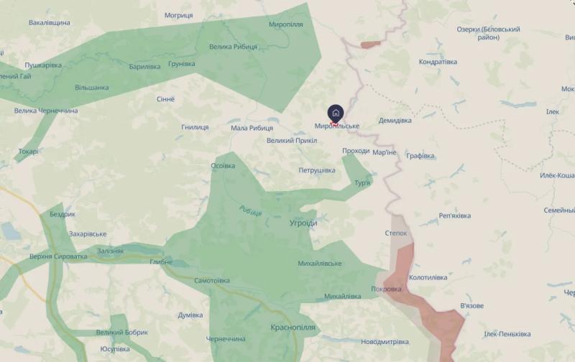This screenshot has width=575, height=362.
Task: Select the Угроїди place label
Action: (x=303, y=223)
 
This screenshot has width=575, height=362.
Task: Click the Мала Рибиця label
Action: (x=252, y=128)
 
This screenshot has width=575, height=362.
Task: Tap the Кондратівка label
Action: (x=438, y=62)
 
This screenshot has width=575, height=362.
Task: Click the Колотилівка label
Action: (x=428, y=277)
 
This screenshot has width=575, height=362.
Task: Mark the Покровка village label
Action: (x=387, y=289)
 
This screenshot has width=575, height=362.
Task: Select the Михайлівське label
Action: (x=321, y=264)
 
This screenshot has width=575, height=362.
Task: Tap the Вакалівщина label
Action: (x=50, y=23)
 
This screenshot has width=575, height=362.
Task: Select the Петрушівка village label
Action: (x=317, y=170)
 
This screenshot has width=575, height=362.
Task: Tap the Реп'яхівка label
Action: (x=454, y=215)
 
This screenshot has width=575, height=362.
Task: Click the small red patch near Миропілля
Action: (x=369, y=45)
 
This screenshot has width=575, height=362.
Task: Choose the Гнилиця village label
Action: (x=195, y=127)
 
